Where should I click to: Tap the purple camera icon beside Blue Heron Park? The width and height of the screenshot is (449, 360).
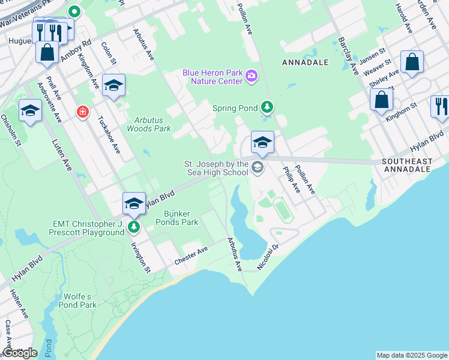pyautogui.click(x=251, y=76)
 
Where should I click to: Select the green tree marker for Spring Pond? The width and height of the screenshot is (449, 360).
pyautogui.click(x=267, y=108)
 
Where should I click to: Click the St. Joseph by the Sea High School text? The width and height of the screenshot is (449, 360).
pyautogui.click(x=216, y=168)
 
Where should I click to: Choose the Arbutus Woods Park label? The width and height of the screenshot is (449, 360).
pyautogui.click(x=149, y=124)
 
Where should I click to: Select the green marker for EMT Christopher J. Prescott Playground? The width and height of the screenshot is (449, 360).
pyautogui.click(x=133, y=227)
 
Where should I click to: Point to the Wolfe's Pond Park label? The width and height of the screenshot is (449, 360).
pyautogui.click(x=77, y=301)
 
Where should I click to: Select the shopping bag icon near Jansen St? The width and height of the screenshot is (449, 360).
pyautogui.click(x=412, y=62)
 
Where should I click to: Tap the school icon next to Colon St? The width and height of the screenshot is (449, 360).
pyautogui.click(x=113, y=86)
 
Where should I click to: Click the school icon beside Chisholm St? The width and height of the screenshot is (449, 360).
pyautogui.click(x=30, y=110)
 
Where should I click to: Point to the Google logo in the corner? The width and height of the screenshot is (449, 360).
pyautogui.click(x=19, y=353)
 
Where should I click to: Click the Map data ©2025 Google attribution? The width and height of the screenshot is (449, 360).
pyautogui.click(x=411, y=355)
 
